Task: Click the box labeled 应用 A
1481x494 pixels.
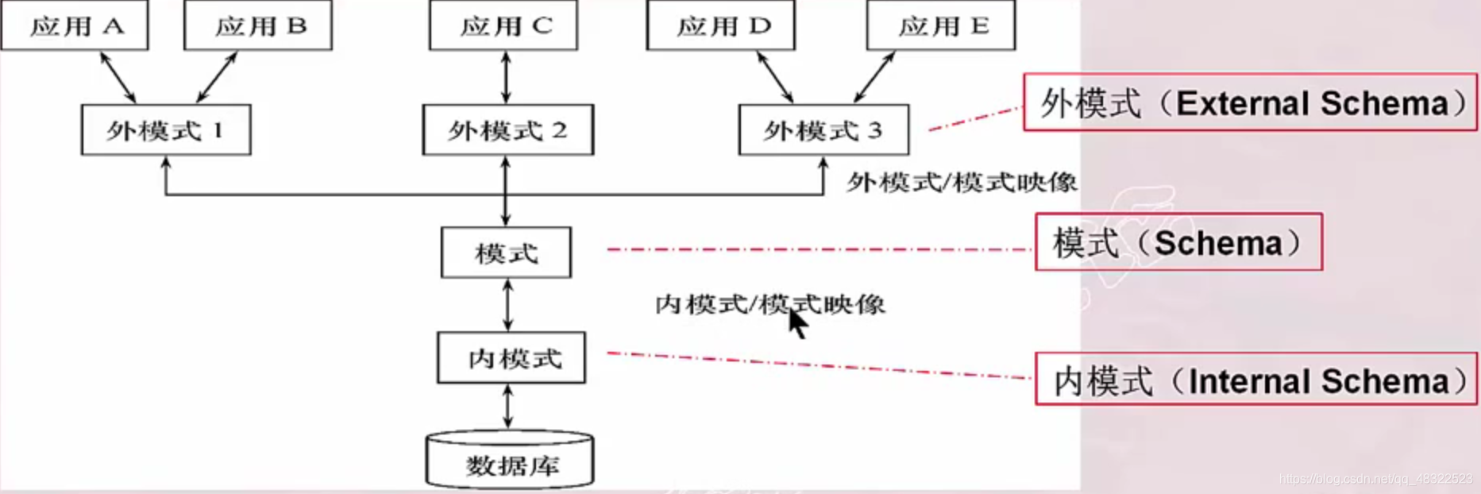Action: pos(75,26)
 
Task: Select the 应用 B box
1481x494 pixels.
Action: pos(258,26)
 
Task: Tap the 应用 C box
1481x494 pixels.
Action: pos(503,26)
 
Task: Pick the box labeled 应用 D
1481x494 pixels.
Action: pos(721,26)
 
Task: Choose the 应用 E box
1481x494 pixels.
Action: pos(941,26)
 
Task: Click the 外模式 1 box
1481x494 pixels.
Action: pos(166,130)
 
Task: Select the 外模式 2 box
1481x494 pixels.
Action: pos(507,130)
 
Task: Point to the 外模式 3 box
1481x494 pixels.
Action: pos(823,130)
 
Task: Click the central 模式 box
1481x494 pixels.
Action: pos(506,253)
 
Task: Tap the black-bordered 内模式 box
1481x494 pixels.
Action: pos(511,358)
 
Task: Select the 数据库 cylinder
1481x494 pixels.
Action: pos(510,462)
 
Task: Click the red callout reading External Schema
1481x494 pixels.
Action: pos(1250,102)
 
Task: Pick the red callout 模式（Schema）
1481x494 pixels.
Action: pos(1178,242)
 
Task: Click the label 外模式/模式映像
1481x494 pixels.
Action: pos(962,183)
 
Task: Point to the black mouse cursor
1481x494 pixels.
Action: pos(797,323)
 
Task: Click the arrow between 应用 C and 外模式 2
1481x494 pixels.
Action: pos(506,77)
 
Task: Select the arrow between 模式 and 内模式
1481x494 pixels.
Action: pos(507,305)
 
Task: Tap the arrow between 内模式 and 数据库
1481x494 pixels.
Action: pos(508,407)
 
